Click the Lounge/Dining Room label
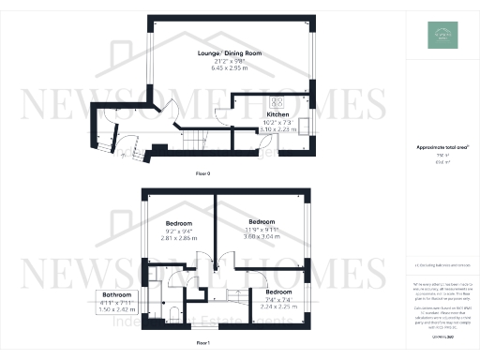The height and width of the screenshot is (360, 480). pyautogui.click(x=229, y=54)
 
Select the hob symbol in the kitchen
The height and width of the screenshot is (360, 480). pyautogui.click(x=278, y=101)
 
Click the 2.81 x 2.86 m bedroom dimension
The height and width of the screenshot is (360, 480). pyautogui.click(x=179, y=239)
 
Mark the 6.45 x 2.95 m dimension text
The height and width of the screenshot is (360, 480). pyautogui.click(x=229, y=69)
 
